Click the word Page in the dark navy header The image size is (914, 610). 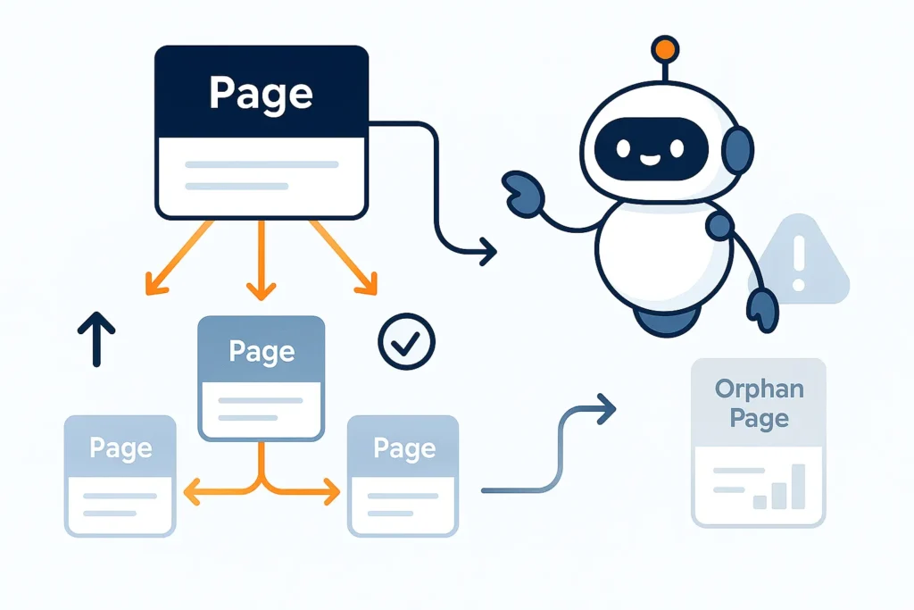tap(261, 93)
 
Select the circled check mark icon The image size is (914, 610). tap(406, 340)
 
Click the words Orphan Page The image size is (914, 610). tap(759, 404)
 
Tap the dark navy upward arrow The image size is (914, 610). tap(96, 338)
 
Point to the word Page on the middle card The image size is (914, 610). tap(261, 351)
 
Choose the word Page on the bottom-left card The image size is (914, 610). tap(120, 447)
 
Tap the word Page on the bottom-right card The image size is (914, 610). tap(403, 447)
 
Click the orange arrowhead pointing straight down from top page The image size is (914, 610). tap(261, 289)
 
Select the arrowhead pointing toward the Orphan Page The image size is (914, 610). tap(608, 410)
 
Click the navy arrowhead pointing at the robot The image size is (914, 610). tap(486, 251)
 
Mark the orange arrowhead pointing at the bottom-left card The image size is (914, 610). tap(189, 489)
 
